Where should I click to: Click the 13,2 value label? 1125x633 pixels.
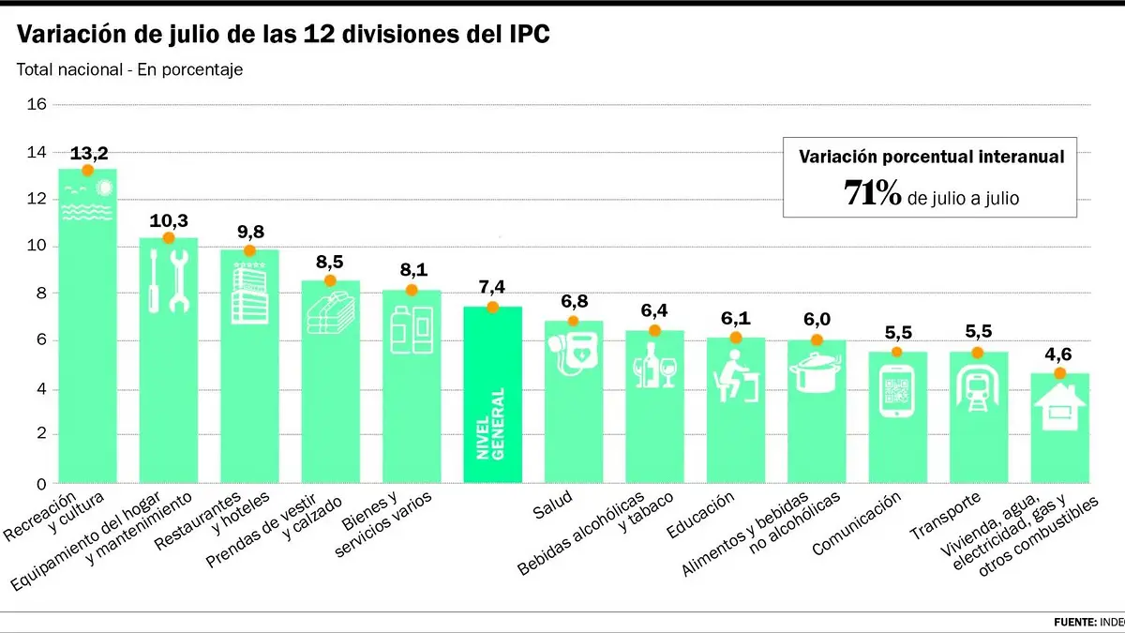tap(89, 153)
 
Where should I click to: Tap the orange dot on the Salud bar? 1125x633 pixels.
tap(573, 321)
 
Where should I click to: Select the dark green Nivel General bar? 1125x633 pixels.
tap(493, 395)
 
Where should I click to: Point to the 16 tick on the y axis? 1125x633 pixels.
tap(37, 104)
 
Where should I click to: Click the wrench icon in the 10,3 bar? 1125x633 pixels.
tap(179, 281)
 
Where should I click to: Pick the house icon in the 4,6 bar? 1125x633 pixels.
tap(1059, 407)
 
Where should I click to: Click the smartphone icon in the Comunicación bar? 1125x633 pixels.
tap(897, 391)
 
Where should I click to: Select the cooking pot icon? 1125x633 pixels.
tap(817, 373)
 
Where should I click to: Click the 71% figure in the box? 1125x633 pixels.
tap(873, 193)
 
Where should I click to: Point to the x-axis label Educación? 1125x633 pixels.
tap(700, 515)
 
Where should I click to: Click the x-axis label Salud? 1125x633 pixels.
tap(552, 504)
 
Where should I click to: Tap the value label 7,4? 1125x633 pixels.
tap(491, 287)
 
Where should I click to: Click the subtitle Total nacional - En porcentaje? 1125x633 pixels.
tap(129, 69)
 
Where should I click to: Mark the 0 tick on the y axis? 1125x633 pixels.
tap(41, 484)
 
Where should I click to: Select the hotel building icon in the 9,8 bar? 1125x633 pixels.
tap(249, 294)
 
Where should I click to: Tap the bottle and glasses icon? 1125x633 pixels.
tap(654, 365)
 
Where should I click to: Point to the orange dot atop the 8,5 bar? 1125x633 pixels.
tap(330, 280)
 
